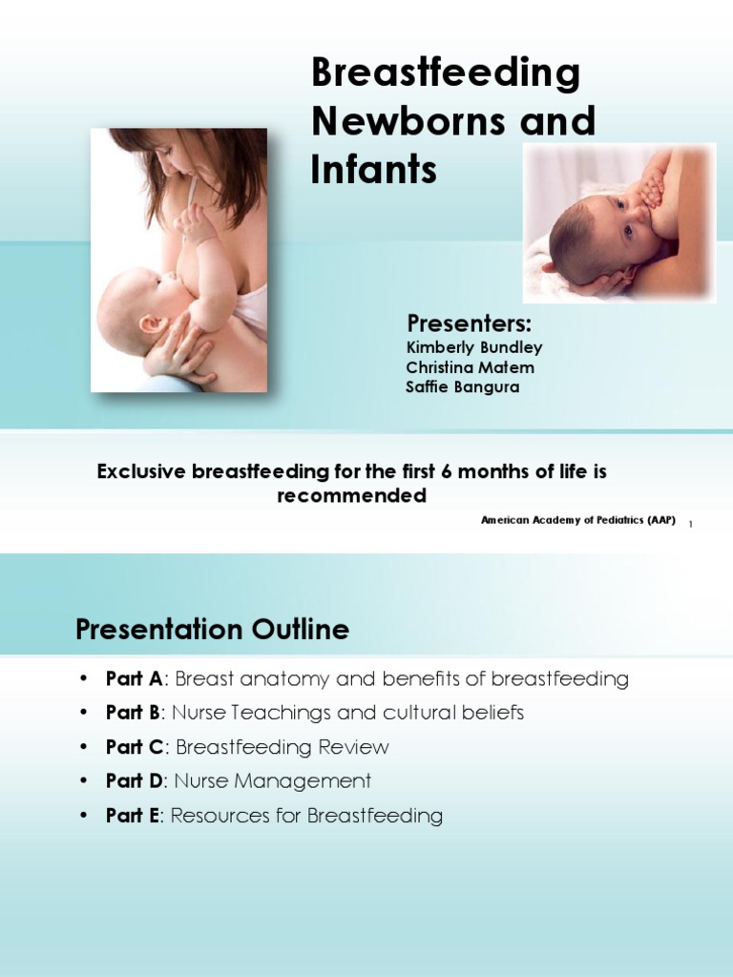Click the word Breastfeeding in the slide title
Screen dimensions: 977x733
coord(446,75)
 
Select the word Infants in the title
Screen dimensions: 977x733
coord(373,169)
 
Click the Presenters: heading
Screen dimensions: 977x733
coord(469,322)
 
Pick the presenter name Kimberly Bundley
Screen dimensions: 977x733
coord(473,347)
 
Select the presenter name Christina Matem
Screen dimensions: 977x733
coord(470,367)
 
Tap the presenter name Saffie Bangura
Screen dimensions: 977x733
coord(462,387)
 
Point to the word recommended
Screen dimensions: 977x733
coord(351,496)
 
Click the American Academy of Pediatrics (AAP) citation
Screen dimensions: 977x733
coord(578,520)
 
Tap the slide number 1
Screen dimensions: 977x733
coord(690,523)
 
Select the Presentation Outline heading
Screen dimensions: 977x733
coord(212,630)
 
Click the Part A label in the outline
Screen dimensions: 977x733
coord(134,679)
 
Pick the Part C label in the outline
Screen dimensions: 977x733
coord(134,747)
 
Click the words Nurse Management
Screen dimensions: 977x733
coord(271,781)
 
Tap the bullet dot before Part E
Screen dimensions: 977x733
coord(84,816)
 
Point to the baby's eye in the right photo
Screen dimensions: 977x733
coord(628,230)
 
